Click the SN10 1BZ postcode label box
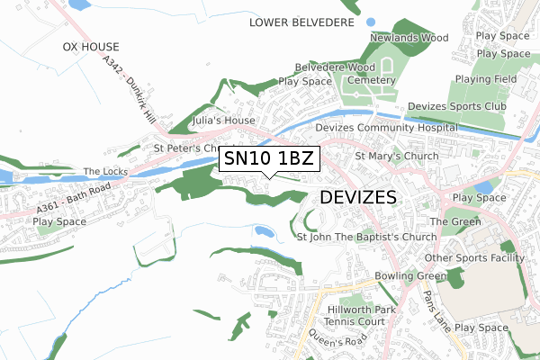tap(269, 160)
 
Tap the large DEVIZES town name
tap(358, 197)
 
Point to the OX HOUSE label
tap(91, 45)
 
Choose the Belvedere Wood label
tap(335, 67)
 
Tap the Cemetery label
tap(371, 80)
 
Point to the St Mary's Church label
tap(396, 156)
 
